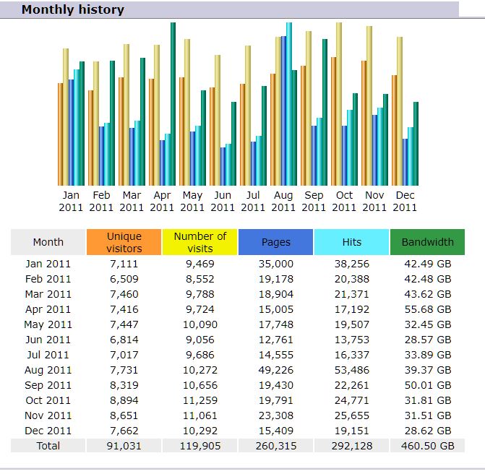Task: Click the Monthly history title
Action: [72, 10]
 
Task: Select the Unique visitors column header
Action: [124, 242]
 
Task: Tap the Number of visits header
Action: [199, 242]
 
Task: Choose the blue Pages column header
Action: [275, 242]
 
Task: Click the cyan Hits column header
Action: [351, 242]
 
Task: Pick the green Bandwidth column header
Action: [427, 242]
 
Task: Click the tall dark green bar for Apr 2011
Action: [173, 105]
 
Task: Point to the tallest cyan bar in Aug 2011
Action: [289, 105]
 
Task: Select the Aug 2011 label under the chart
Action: [283, 201]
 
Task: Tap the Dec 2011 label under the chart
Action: [405, 201]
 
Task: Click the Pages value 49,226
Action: [275, 370]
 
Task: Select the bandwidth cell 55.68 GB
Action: [427, 309]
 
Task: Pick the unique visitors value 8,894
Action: [124, 400]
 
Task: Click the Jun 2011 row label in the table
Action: [48, 340]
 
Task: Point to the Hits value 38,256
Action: [351, 264]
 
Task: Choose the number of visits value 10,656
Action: [199, 385]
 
